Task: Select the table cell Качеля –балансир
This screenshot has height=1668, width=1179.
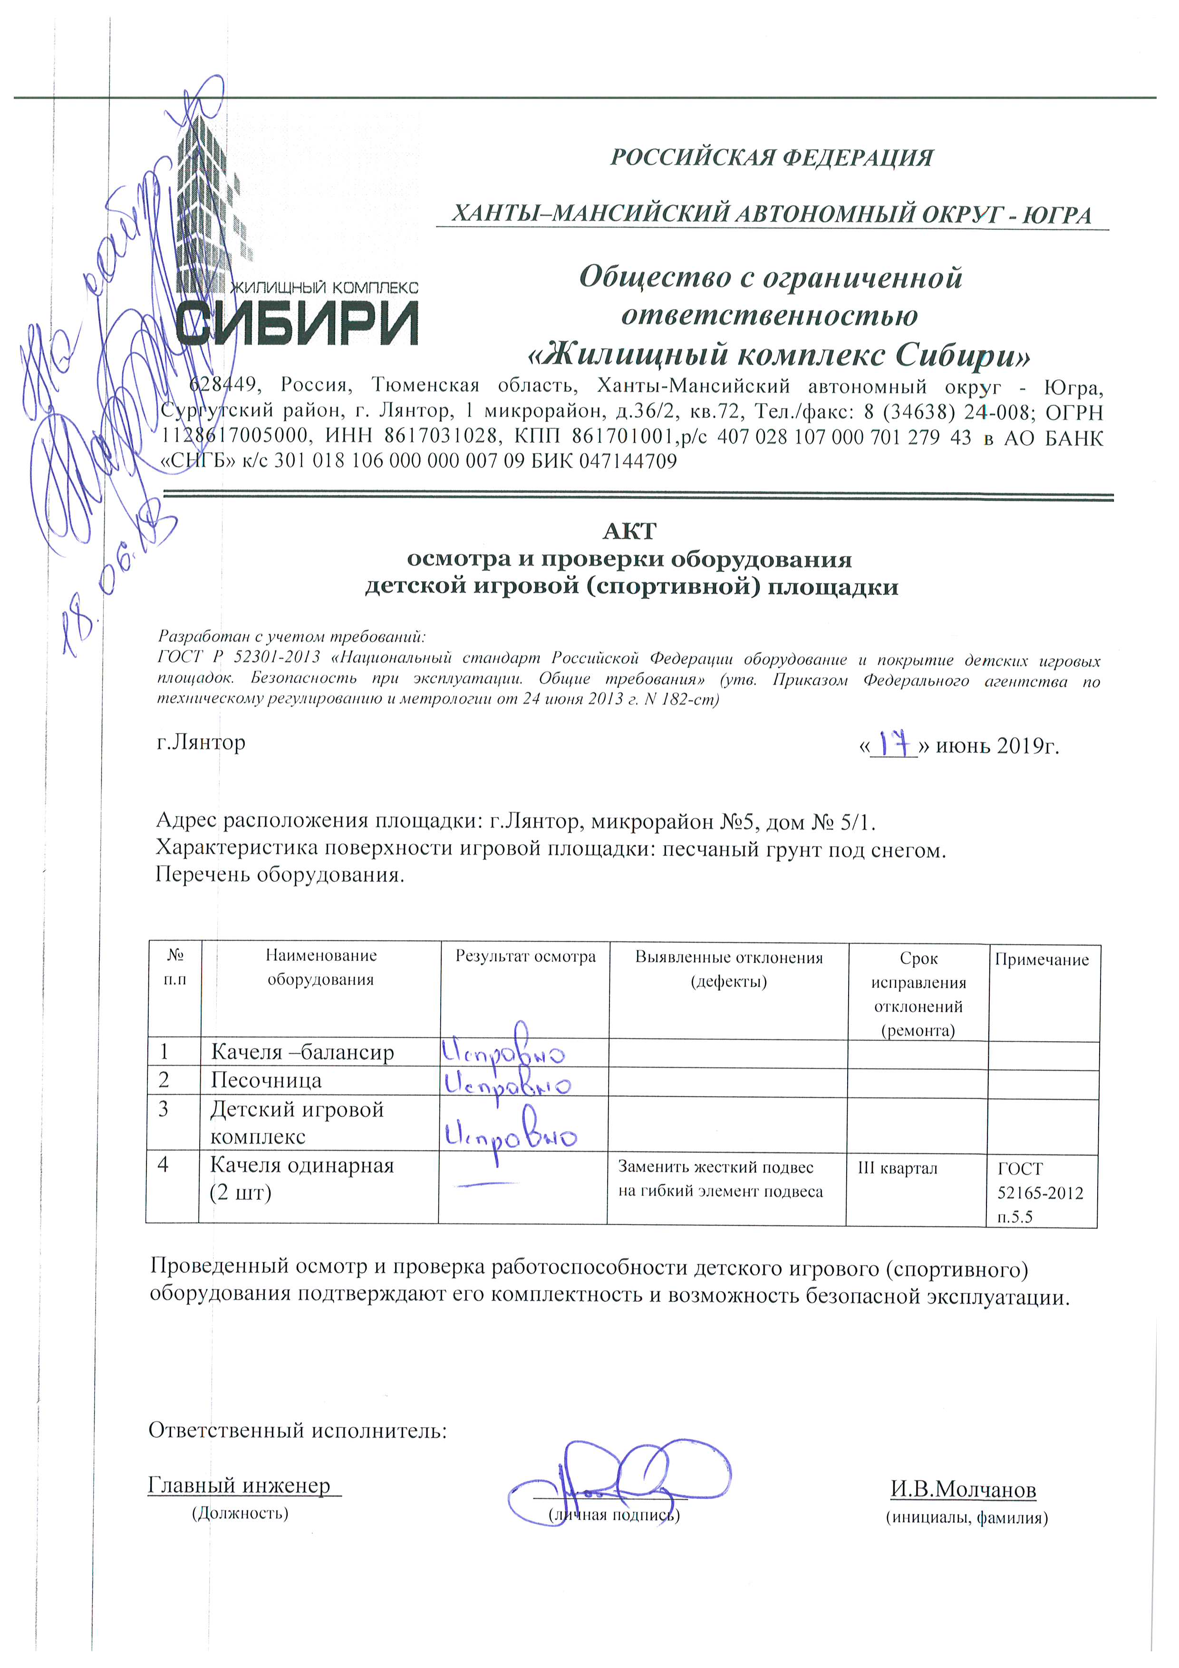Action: [302, 1053]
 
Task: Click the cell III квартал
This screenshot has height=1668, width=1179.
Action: [897, 1168]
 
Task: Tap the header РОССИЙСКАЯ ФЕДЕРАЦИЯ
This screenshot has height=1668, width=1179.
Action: [771, 157]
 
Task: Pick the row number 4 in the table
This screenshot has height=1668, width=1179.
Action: [164, 1164]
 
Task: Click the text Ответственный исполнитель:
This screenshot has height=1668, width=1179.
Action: [298, 1431]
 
